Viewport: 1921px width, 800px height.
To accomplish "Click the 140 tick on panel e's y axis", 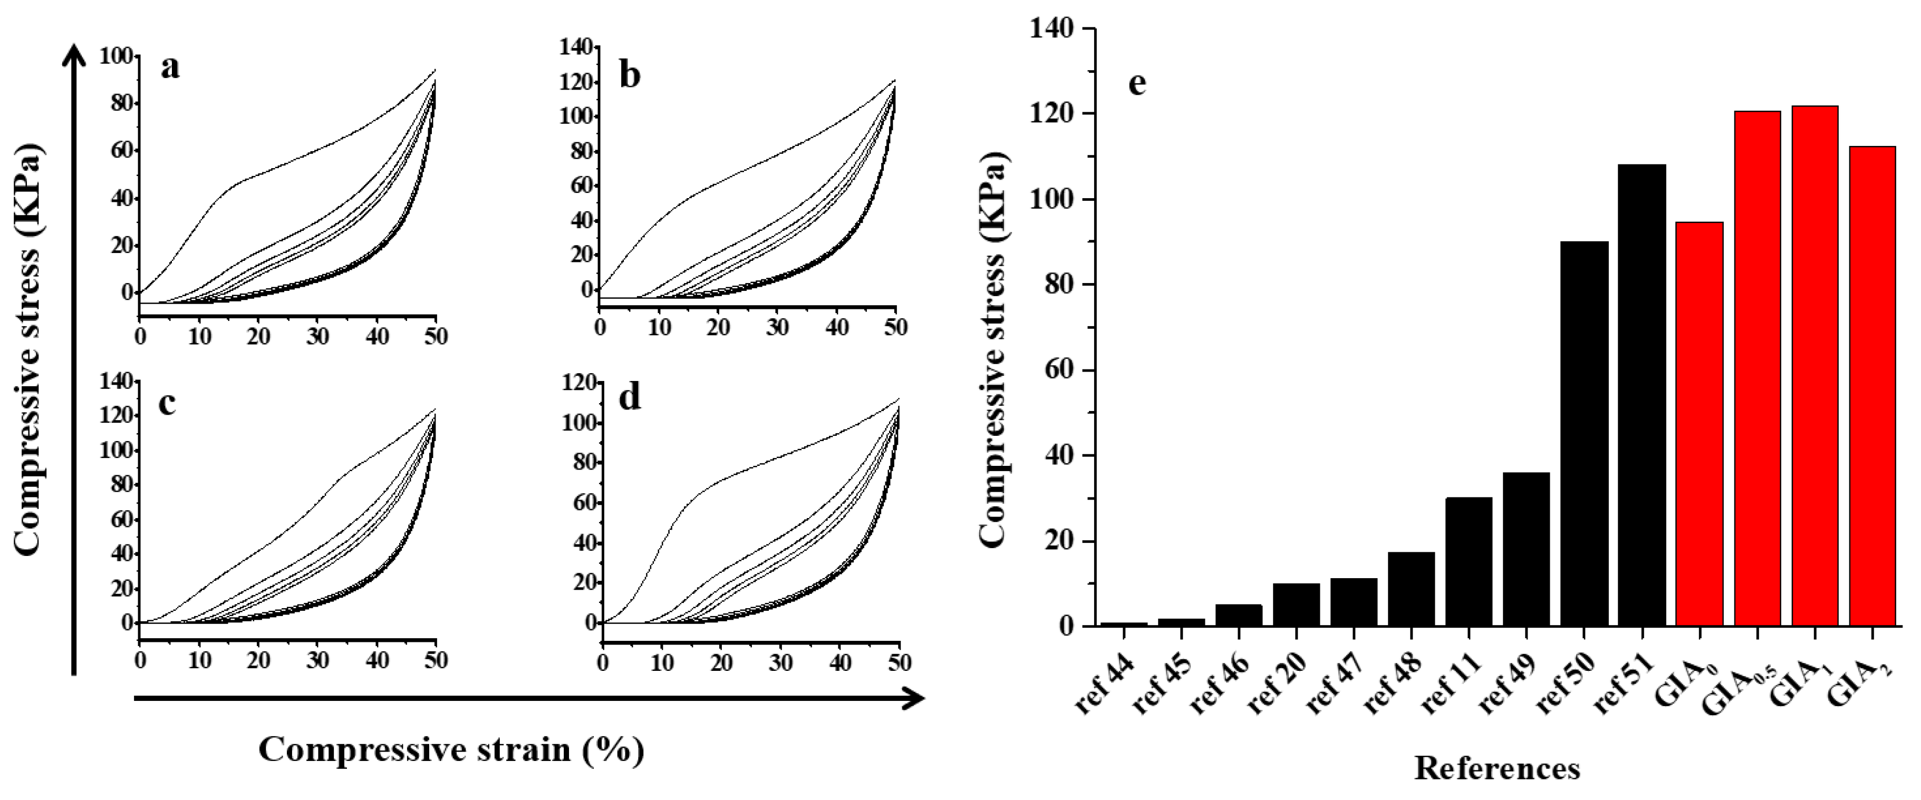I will (x=1051, y=29).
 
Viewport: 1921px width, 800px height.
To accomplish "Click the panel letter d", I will (x=630, y=397).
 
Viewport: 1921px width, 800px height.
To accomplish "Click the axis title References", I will (x=1497, y=768).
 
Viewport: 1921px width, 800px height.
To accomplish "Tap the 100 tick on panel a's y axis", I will (x=115, y=57).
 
